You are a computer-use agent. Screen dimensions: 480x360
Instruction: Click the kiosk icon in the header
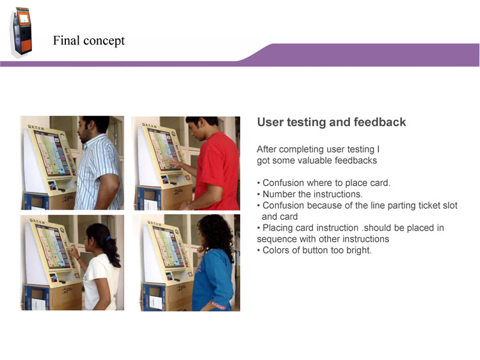[x=21, y=31]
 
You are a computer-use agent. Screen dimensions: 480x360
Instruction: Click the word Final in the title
[x=66, y=40]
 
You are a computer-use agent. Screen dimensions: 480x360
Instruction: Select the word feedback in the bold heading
[x=380, y=122]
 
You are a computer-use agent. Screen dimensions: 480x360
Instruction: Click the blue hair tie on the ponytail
[x=109, y=239]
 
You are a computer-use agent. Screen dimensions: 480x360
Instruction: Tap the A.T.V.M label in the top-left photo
[x=36, y=127]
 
